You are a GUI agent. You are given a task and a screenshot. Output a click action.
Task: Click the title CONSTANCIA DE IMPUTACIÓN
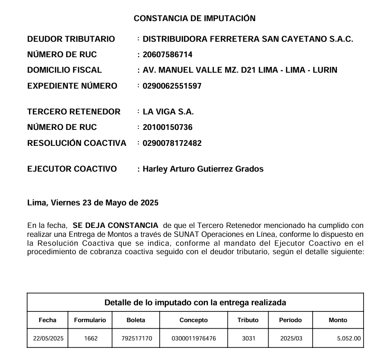point(195,18)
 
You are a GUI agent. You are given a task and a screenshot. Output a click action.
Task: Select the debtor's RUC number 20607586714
point(167,55)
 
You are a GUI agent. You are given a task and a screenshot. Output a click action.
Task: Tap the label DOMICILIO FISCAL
point(65,70)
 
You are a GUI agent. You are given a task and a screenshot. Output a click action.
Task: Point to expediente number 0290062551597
point(172,86)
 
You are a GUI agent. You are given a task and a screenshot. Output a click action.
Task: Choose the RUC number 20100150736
point(167,128)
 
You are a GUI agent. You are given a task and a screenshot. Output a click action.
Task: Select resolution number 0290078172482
point(172,143)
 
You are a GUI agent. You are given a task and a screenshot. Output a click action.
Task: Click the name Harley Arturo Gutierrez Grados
point(203,169)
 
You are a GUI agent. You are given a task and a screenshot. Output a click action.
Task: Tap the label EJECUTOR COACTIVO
point(72,169)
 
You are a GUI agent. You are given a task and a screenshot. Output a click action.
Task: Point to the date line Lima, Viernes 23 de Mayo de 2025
point(93,203)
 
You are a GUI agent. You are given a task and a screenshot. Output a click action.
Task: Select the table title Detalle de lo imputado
point(195,302)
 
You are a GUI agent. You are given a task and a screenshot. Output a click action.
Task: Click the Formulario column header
point(90,320)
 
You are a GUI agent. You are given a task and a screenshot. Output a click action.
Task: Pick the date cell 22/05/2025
point(48,338)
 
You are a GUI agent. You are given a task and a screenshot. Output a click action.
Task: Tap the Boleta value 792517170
point(137,338)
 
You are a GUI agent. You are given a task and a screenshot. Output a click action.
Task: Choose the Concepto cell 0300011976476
point(194,338)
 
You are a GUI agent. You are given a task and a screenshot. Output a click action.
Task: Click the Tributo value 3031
point(248,338)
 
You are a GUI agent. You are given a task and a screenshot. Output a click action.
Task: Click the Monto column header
point(338,320)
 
